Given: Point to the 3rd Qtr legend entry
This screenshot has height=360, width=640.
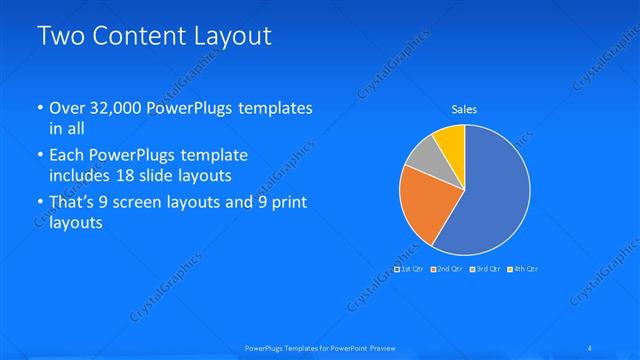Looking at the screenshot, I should [x=487, y=269].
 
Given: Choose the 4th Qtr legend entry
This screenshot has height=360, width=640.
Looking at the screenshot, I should [x=525, y=269].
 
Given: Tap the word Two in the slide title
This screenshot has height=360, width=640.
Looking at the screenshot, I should [x=60, y=37].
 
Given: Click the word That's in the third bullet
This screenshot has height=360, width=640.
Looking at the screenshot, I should [x=72, y=203].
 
